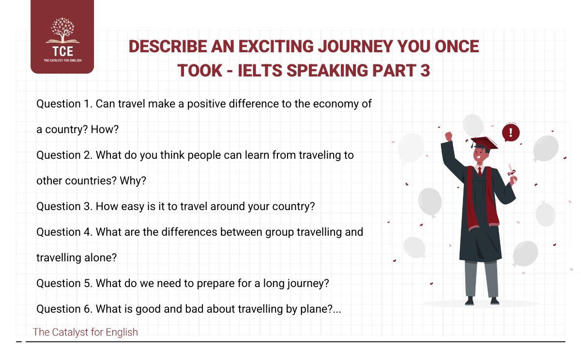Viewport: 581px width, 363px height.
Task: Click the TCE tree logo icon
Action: pyautogui.click(x=62, y=31)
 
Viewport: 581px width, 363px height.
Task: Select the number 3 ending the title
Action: pyautogui.click(x=424, y=70)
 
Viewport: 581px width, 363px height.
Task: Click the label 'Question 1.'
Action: pyautogui.click(x=64, y=104)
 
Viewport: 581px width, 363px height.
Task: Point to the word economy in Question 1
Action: pyautogui.click(x=334, y=104)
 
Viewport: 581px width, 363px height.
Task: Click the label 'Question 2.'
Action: pyautogui.click(x=64, y=155)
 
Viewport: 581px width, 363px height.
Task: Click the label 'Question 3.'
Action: pyautogui.click(x=64, y=206)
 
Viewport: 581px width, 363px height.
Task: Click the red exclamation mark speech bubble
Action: pyautogui.click(x=510, y=132)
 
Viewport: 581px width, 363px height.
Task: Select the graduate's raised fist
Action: pyautogui.click(x=448, y=136)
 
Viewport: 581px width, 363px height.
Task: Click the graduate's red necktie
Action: pyautogui.click(x=479, y=171)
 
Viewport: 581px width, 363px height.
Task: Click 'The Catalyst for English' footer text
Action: pyautogui.click(x=85, y=332)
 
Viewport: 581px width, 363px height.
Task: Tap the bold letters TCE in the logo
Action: pyautogui.click(x=62, y=52)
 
